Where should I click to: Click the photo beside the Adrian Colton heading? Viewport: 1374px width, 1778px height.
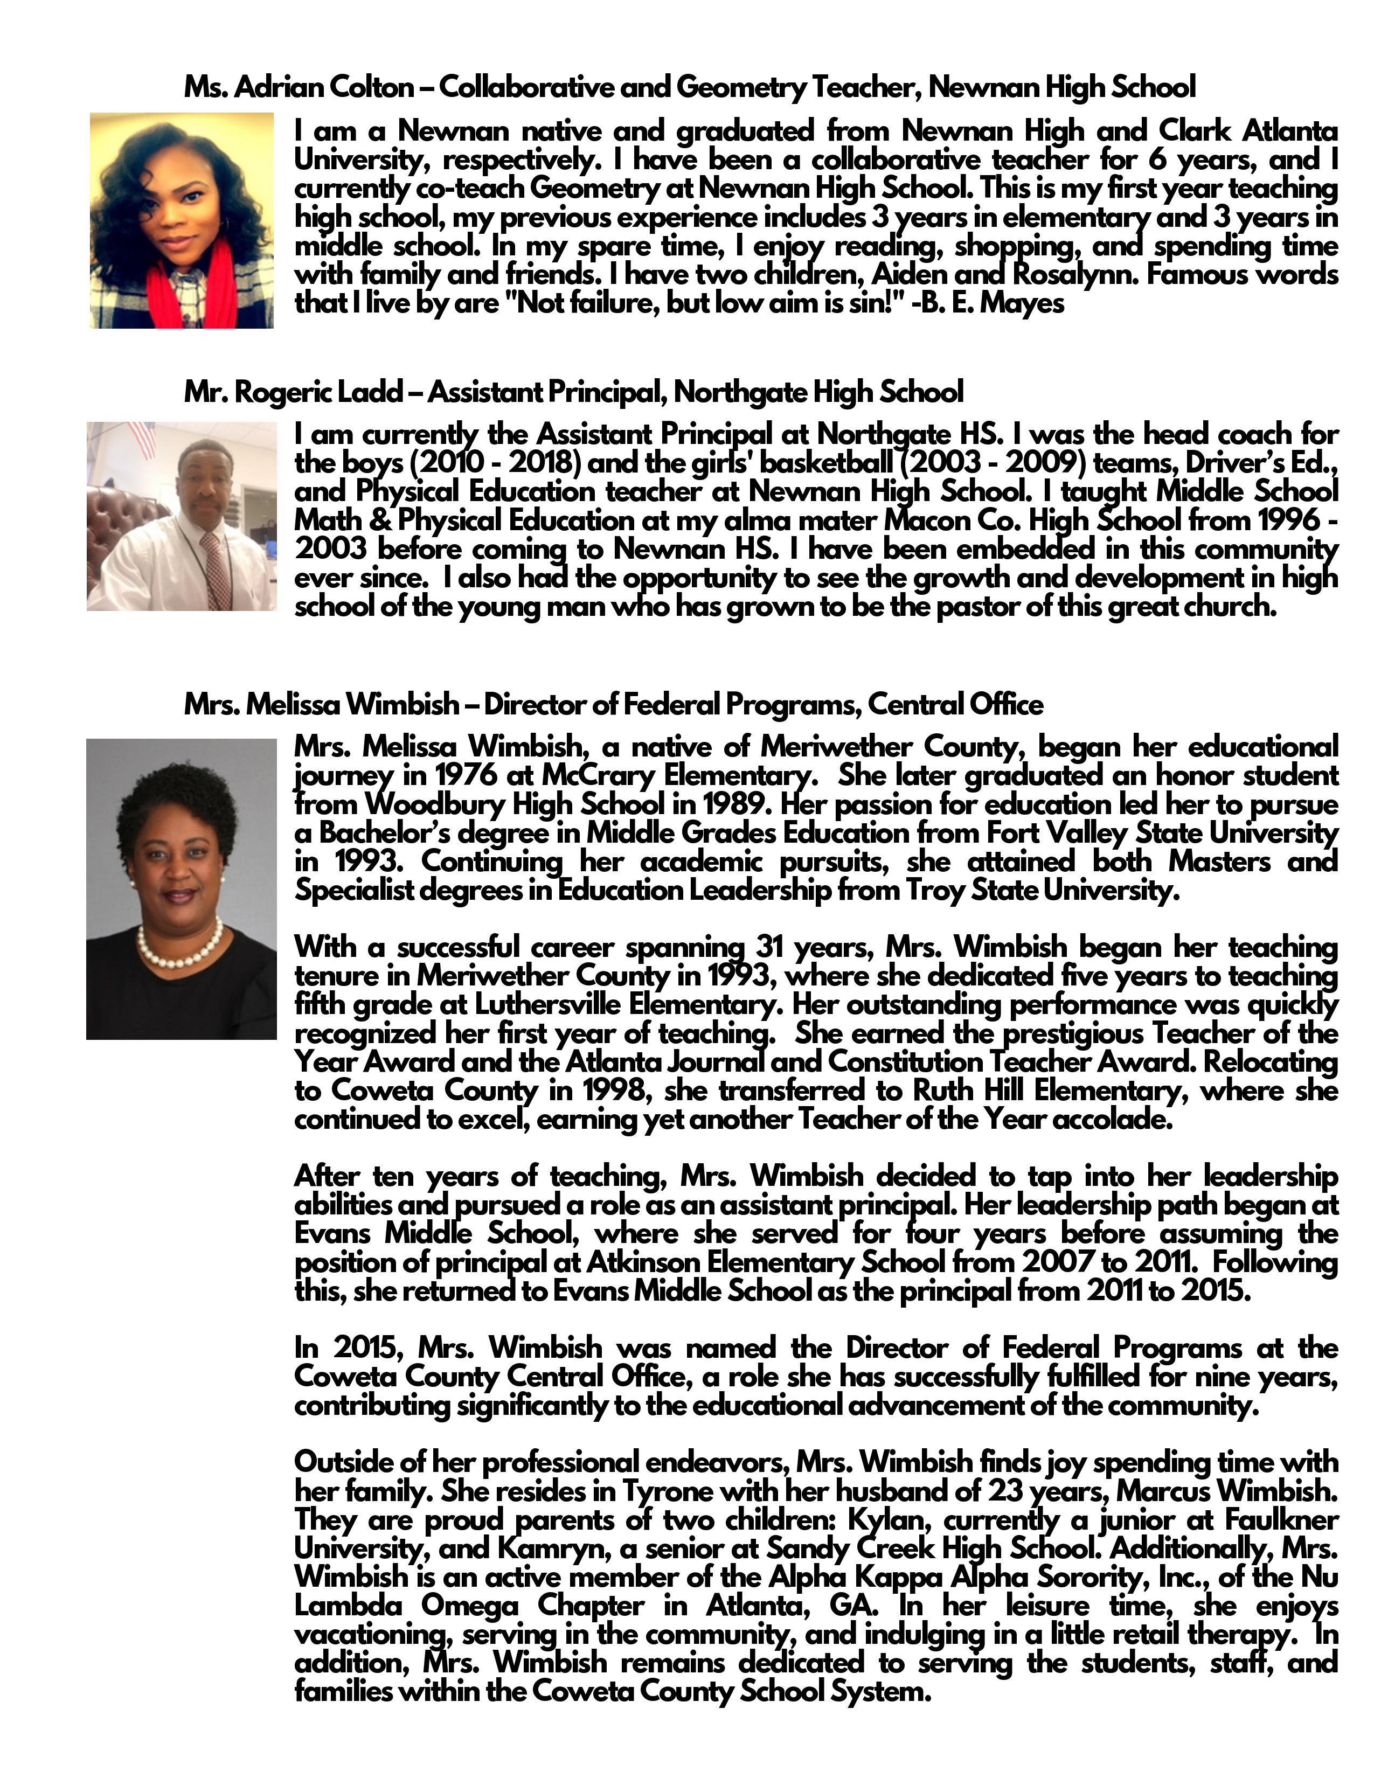182,220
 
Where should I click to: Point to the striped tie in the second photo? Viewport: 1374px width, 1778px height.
217,570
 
